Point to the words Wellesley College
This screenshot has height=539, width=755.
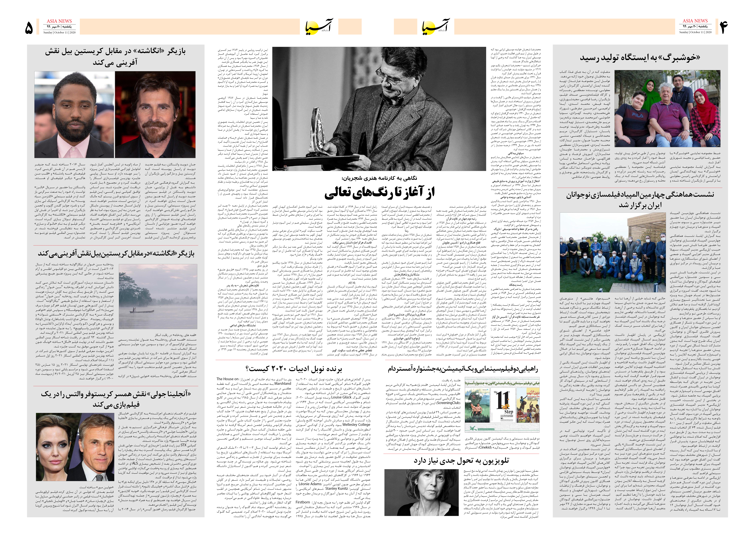click(356, 424)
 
